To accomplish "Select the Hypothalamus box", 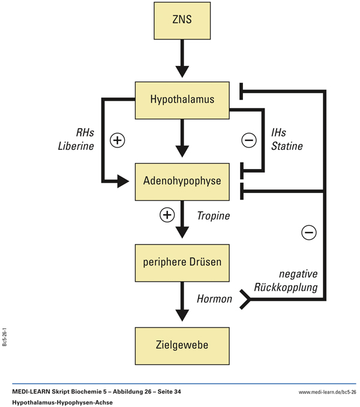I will [182, 100].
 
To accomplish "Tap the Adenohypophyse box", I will [182, 180].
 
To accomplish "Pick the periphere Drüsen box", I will [182, 263].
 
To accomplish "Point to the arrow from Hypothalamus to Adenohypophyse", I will [182, 139].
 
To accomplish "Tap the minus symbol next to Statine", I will [248, 140].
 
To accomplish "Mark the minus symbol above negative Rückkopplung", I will [308, 232].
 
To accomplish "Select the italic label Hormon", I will [214, 298].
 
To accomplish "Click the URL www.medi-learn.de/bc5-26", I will [327, 392].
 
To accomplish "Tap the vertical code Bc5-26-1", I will [5, 336].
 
